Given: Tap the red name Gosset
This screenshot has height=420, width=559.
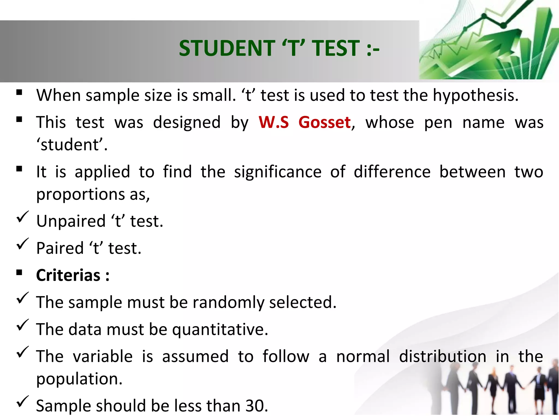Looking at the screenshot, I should pyautogui.click(x=325, y=122).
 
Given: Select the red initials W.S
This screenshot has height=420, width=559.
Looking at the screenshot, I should pyautogui.click(x=274, y=122).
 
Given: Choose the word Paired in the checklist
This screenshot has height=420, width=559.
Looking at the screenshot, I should pyautogui.click(x=60, y=248).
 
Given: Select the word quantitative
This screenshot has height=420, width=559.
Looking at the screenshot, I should pyautogui.click(x=220, y=329).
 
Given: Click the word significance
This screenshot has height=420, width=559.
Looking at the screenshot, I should pyautogui.click(x=278, y=172).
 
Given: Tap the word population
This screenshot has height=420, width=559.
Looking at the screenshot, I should pyautogui.click(x=79, y=379).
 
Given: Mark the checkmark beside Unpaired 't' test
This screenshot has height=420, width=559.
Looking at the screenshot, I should pyautogui.click(x=22, y=217).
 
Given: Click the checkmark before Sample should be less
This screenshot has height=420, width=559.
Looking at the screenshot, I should pyautogui.click(x=22, y=402).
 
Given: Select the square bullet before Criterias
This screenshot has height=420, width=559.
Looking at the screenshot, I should pyautogui.click(x=19, y=272).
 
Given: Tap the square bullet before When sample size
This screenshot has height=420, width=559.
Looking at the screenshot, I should pyautogui.click(x=19, y=92).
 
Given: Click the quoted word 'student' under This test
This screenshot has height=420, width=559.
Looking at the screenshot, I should pyautogui.click(x=72, y=145).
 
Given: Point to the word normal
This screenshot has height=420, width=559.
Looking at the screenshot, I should pyautogui.click(x=363, y=357).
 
